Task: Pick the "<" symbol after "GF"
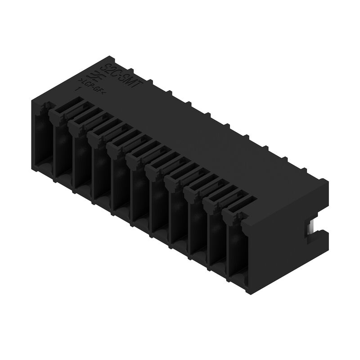coord(103,94)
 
